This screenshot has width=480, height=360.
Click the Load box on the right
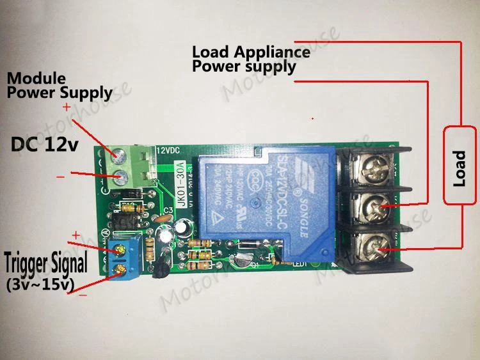click(x=460, y=166)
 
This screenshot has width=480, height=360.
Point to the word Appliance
click(x=272, y=52)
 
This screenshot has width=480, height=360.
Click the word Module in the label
click(x=36, y=79)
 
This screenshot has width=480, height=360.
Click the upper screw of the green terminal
click(x=119, y=154)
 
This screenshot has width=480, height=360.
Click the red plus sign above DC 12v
click(x=67, y=107)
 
